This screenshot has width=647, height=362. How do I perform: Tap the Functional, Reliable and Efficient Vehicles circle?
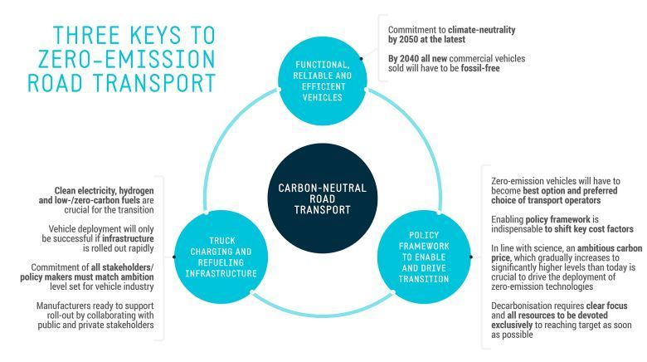321,81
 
